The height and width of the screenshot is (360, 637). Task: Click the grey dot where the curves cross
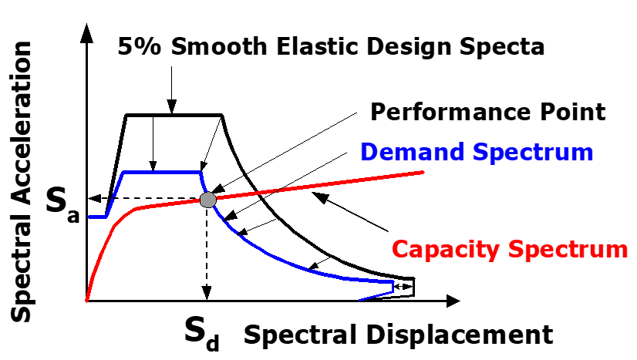pos(207,200)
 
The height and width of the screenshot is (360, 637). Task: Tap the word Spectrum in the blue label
pos(533,153)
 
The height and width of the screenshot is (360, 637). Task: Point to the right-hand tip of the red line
pos(423,172)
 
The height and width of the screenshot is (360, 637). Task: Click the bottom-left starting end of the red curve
pos(86,301)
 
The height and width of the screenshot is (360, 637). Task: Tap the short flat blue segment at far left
pos(96,217)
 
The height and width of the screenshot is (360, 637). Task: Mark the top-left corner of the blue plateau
pos(123,173)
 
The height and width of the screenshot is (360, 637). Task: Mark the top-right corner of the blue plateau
pos(201,173)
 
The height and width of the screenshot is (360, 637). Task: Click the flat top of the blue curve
pos(162,172)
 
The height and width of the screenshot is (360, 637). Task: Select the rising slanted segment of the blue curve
pos(114,195)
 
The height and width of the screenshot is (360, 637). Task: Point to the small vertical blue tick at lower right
pos(393,287)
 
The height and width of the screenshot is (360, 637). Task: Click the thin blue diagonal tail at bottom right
pos(376,296)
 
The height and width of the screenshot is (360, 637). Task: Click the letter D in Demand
pos(368,152)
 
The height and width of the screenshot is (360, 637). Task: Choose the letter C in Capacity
pos(400,250)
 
